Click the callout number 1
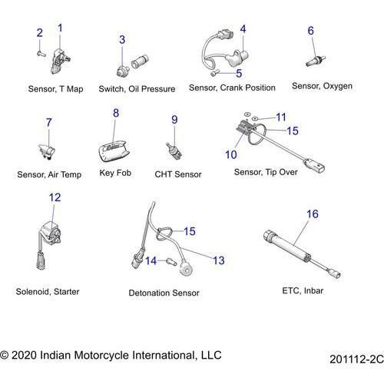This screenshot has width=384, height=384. click(61, 28)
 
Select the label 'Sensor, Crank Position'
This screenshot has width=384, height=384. click(231, 88)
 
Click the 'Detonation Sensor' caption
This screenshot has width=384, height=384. click(164, 293)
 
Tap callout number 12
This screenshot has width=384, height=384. click(55, 197)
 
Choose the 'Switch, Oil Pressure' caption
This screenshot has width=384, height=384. click(137, 89)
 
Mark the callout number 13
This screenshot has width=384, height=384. click(219, 261)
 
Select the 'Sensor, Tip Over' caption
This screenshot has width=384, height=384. click(266, 172)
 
